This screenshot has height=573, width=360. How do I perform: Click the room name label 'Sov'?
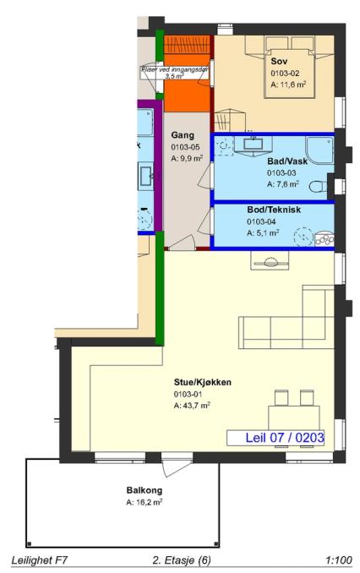pyautogui.click(x=279, y=61)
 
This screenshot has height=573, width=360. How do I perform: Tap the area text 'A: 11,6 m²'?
pyautogui.click(x=288, y=85)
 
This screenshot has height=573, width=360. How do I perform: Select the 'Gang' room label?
pyautogui.click(x=183, y=135)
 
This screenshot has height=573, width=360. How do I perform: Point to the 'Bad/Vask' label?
pyautogui.click(x=287, y=161)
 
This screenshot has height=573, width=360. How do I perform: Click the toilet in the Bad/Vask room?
pyautogui.click(x=318, y=187)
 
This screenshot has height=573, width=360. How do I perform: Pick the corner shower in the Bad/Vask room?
pyautogui.click(x=319, y=150)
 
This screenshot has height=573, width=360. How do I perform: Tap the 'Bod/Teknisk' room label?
pyautogui.click(x=274, y=210)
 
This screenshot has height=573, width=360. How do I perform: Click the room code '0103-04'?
pyautogui.click(x=261, y=221)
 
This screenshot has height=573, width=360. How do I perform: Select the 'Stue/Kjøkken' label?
pyautogui.click(x=203, y=382)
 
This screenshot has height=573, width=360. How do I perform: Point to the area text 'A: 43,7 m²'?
pyautogui.click(x=192, y=406)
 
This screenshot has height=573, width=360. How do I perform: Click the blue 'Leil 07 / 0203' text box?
pyautogui.click(x=275, y=438)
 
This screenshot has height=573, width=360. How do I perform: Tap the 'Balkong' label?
pyautogui.click(x=145, y=490)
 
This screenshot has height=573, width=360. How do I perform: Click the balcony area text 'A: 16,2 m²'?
pyautogui.click(x=145, y=503)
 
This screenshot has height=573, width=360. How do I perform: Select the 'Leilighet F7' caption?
pyautogui.click(x=40, y=560)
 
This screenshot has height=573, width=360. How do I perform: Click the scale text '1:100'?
pyautogui.click(x=339, y=560)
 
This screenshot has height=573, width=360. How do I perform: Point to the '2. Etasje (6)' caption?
pyautogui.click(x=182, y=560)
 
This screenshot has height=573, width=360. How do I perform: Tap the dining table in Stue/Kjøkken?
pyautogui.click(x=294, y=417)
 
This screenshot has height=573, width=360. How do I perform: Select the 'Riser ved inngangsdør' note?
pyautogui.click(x=175, y=73)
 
